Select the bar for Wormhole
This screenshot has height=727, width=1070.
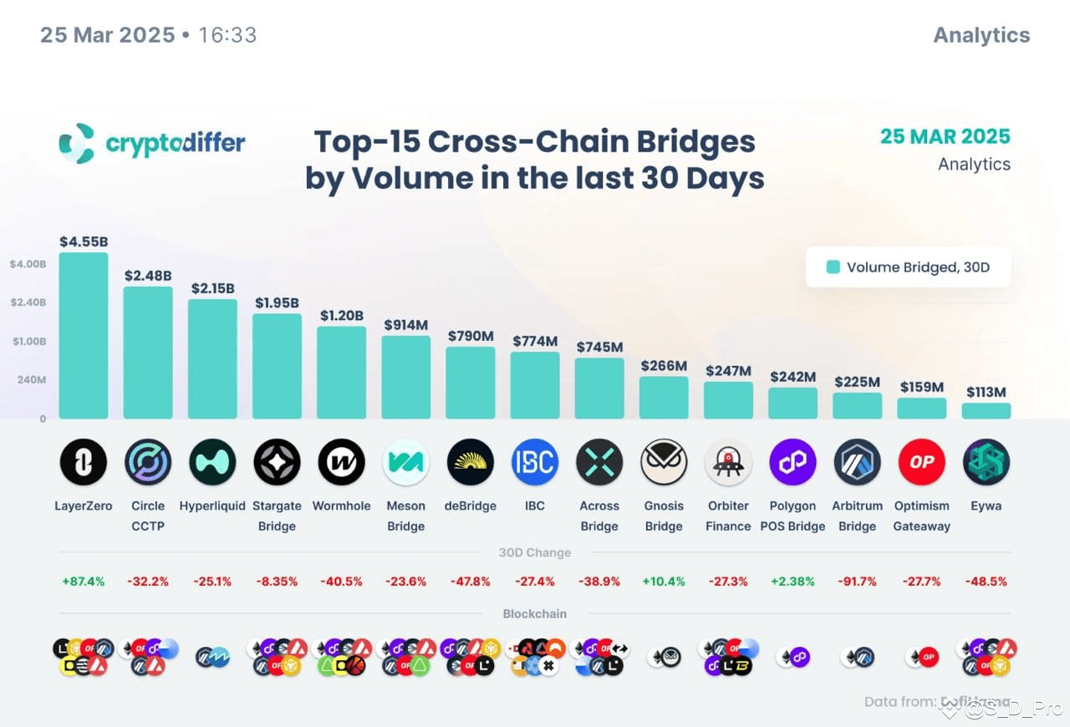[341, 373]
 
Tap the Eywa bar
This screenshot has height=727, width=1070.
[986, 411]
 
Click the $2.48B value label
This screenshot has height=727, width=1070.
[148, 275]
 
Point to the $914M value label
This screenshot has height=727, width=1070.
[405, 324]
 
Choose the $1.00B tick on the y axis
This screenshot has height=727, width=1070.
[28, 341]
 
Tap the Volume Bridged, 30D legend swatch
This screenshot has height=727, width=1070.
[833, 267]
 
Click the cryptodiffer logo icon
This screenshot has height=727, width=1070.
[77, 143]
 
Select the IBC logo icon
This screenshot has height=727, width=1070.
[534, 462]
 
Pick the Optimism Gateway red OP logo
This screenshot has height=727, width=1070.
[921, 462]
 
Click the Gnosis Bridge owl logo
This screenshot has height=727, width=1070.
[664, 462]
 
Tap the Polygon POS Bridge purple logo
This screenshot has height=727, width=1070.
[792, 462]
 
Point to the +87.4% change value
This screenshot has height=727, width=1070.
[83, 581]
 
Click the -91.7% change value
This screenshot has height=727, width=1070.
[857, 581]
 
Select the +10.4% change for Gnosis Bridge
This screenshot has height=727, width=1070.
[664, 581]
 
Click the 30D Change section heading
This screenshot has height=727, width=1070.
[534, 552]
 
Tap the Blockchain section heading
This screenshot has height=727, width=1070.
[534, 613]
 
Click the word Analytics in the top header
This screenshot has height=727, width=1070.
[981, 35]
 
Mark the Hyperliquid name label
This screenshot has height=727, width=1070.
[212, 506]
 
